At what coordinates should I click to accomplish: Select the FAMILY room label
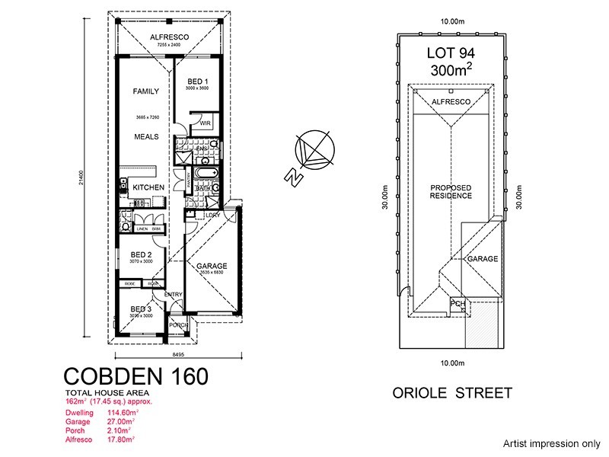pos(145,91)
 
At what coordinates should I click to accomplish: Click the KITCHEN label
pos(148,187)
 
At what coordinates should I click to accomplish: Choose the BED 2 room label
pos(142,255)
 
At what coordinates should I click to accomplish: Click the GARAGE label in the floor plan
pos(212,267)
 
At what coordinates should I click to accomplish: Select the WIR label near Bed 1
pos(205,122)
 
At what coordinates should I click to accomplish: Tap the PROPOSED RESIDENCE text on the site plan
pos(451,192)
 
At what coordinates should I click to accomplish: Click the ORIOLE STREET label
pos(452,393)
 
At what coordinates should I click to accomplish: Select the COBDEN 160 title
pos(134,376)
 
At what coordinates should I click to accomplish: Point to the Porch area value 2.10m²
pos(119,430)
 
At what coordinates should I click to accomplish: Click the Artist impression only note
pos(552,443)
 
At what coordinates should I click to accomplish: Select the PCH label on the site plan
pos(458,304)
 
